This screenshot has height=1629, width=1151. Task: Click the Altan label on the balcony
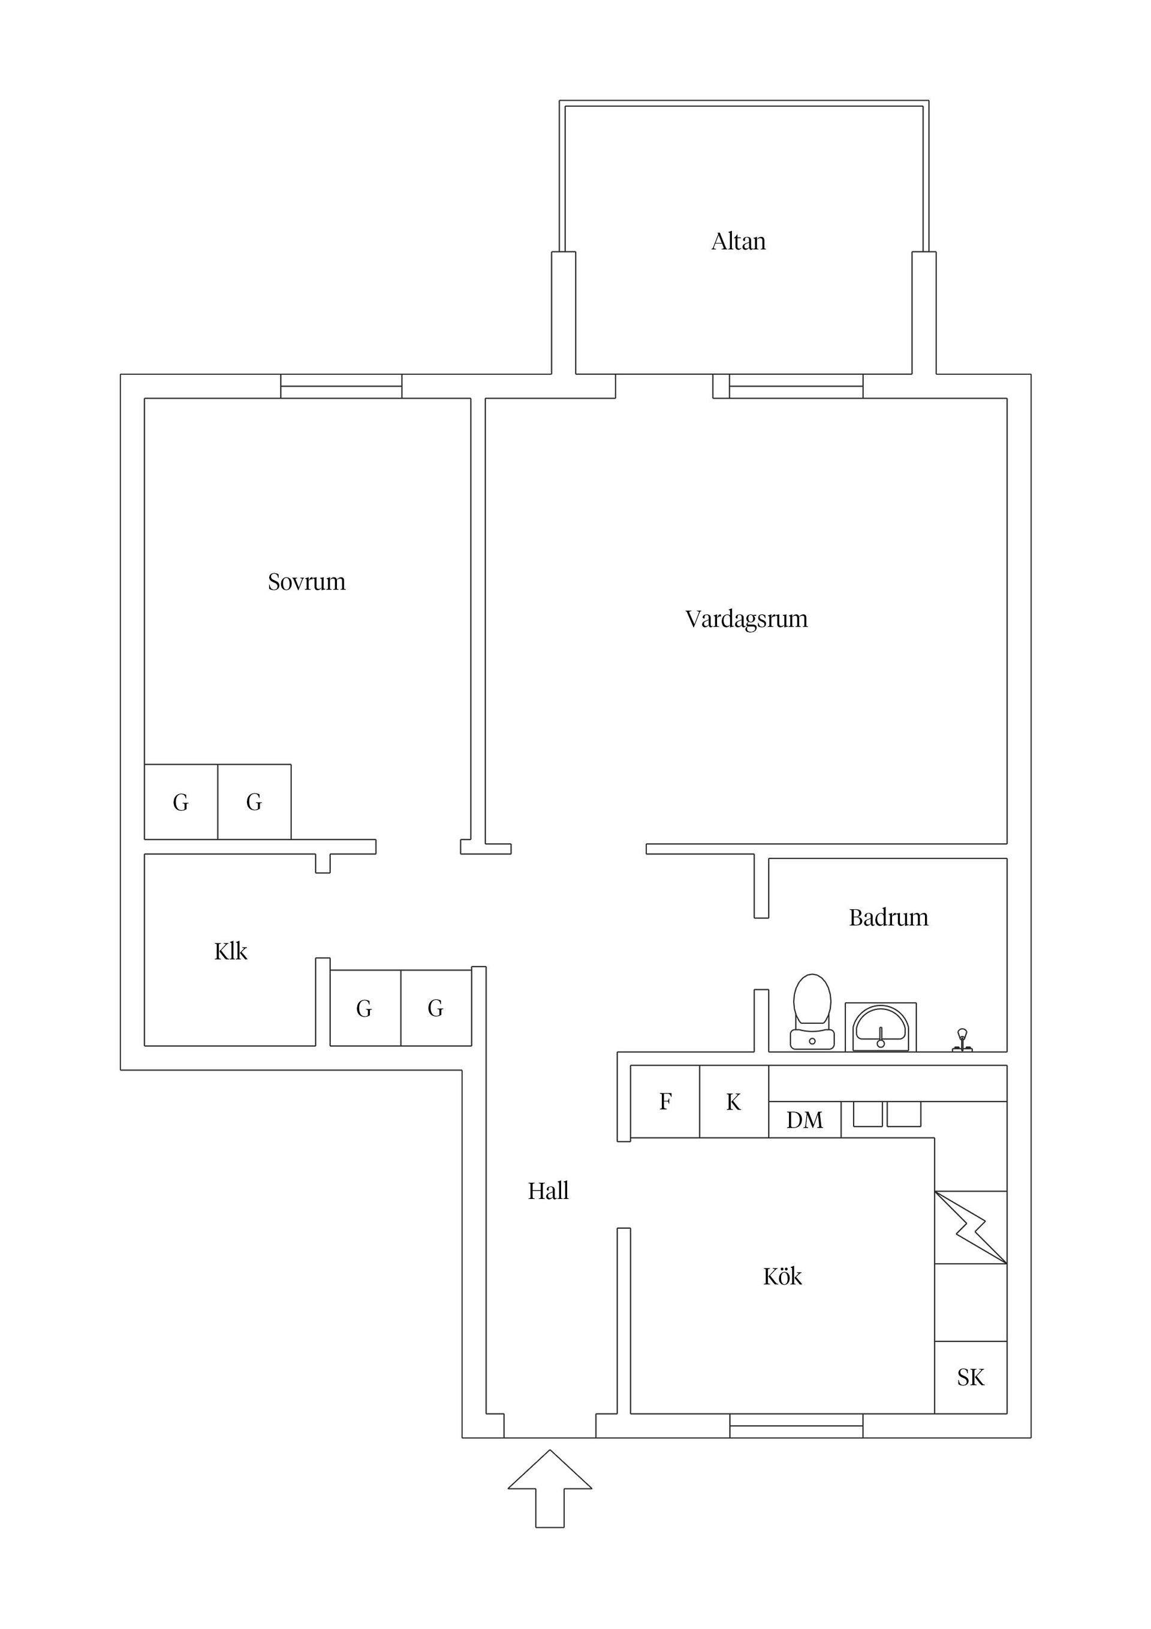tap(738, 241)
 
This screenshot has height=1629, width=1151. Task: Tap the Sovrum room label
tap(306, 582)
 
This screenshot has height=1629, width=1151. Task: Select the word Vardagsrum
tap(746, 619)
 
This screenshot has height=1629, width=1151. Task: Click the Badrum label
tap(888, 918)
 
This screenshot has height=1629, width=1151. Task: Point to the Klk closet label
tap(230, 951)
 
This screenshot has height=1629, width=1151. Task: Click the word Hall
tap(547, 1191)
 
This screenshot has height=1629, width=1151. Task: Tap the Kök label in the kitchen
tap(782, 1277)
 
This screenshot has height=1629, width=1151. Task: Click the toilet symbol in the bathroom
tap(812, 1011)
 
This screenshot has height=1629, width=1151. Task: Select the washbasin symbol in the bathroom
tap(880, 1027)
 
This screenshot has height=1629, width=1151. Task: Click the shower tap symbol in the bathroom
tap(962, 1040)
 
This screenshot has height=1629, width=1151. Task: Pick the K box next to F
tap(733, 1102)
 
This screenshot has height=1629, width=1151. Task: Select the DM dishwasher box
tap(805, 1120)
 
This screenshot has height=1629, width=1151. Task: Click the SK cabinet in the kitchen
tap(970, 1378)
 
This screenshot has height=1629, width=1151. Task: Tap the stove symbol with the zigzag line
tap(970, 1227)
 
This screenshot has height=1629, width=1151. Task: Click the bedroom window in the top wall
tap(341, 386)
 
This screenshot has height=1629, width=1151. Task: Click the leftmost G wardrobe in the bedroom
tap(181, 803)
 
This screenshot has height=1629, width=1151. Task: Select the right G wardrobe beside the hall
tap(435, 1008)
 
